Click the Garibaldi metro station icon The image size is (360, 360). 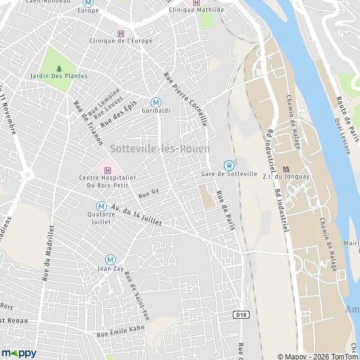[155, 102]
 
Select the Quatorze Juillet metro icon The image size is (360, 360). [101, 206]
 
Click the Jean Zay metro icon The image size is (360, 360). [110, 259]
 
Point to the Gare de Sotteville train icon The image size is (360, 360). [228, 165]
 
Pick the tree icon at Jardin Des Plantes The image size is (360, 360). [59, 68]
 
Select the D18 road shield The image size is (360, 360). [241, 313]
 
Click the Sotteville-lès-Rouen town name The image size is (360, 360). [160, 148]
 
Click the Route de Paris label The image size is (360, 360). [348, 119]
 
